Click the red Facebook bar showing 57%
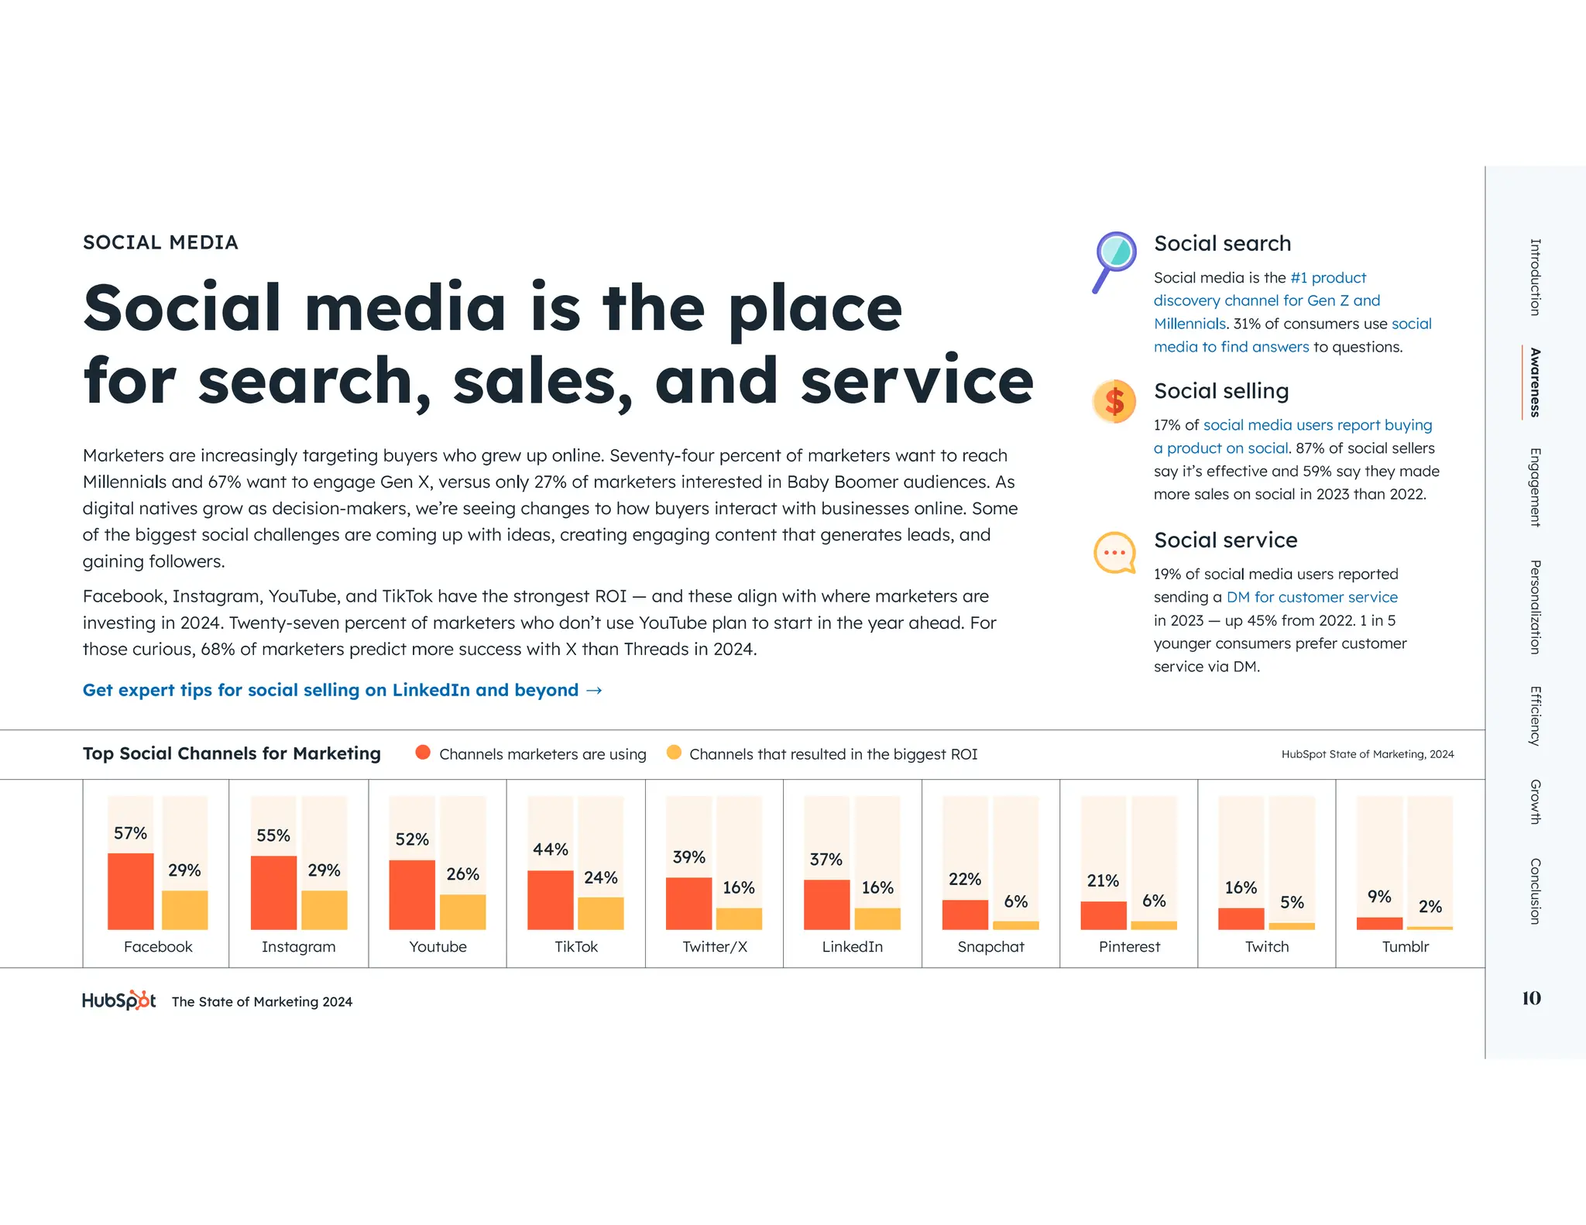coord(130,890)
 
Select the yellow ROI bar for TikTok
coord(600,913)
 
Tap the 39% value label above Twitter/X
coord(688,857)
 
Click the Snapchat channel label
coord(990,946)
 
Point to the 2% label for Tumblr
coord(1430,907)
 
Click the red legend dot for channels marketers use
coord(423,753)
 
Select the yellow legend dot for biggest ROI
coord(674,753)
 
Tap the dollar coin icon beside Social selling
coord(1114,402)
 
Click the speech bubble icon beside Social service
coord(1114,553)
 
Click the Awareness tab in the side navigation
coord(1534,383)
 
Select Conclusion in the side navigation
coord(1534,890)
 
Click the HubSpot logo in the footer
coord(118,1000)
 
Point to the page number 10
coord(1531,998)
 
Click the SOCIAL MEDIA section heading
coord(160,242)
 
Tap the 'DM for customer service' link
coord(1312,597)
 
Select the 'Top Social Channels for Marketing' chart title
coord(232,753)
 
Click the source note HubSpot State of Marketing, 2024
coord(1367,754)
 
